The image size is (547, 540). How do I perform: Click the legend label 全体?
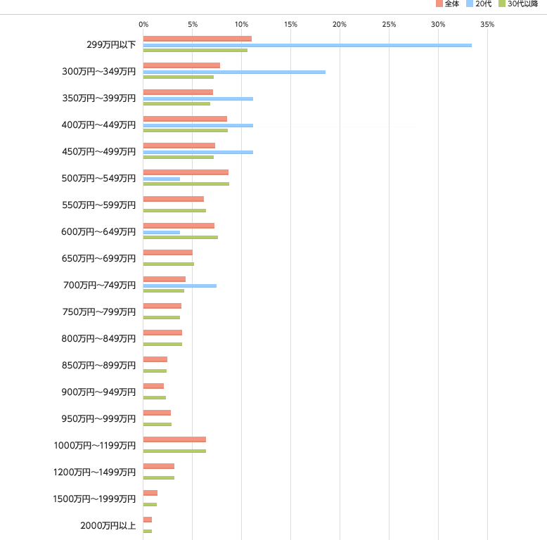point(451,4)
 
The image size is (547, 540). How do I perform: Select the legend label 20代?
point(483,4)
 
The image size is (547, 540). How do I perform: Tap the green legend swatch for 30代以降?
point(502,4)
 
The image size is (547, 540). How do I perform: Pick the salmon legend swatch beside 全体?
point(439,4)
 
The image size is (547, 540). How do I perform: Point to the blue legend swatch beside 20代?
point(470,4)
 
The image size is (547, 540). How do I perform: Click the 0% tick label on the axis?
point(143,25)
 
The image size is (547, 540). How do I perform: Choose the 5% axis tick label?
point(193,25)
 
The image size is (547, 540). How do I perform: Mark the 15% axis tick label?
point(290,25)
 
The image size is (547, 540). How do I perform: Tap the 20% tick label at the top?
point(340,25)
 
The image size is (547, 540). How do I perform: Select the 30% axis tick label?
point(438,25)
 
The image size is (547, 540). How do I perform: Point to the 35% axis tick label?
point(487,25)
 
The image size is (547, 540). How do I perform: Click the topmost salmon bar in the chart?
point(197,39)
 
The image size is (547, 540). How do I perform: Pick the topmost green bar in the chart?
point(195,51)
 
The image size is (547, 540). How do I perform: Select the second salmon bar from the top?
point(181,65)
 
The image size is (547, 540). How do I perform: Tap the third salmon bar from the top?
point(178,92)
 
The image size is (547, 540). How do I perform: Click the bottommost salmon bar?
point(148,520)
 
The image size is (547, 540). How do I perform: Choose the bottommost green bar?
point(147,531)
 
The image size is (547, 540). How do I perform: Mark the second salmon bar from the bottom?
point(150,493)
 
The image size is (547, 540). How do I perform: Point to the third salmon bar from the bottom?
point(158,466)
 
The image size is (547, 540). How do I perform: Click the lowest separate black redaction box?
point(96,499)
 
